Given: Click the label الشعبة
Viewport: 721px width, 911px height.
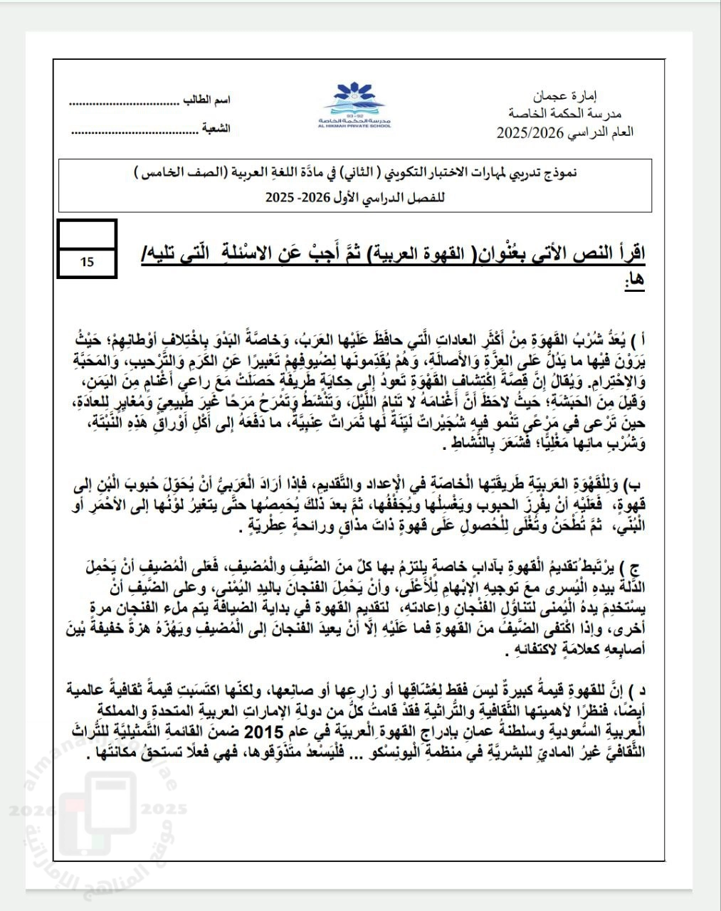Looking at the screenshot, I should tap(216, 130).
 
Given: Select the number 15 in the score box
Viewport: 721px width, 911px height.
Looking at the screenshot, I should tap(87, 262).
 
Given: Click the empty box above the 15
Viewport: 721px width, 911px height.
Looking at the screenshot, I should tap(86, 234).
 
